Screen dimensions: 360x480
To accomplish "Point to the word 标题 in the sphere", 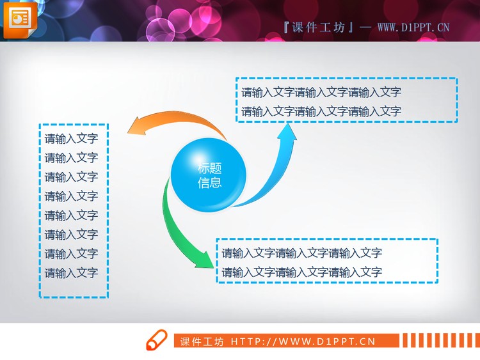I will tap(209, 168).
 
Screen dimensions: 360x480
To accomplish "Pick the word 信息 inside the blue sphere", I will tap(209, 183).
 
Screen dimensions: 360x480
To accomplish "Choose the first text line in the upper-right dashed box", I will tap(321, 92).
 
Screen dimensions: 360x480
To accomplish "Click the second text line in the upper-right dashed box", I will tap(321, 111).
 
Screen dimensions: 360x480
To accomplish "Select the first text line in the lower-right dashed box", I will tap(302, 253).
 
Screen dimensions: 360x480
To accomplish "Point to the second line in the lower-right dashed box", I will tap(302, 272).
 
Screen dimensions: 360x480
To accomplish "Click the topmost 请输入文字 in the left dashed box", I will tap(71, 139).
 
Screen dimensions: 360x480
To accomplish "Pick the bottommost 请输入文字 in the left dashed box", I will tap(71, 273).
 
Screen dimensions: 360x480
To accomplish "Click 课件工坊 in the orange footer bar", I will tap(202, 341).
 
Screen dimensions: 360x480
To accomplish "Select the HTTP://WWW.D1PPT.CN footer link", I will tap(303, 341).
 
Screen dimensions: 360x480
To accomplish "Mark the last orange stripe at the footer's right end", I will tap(474, 341).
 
